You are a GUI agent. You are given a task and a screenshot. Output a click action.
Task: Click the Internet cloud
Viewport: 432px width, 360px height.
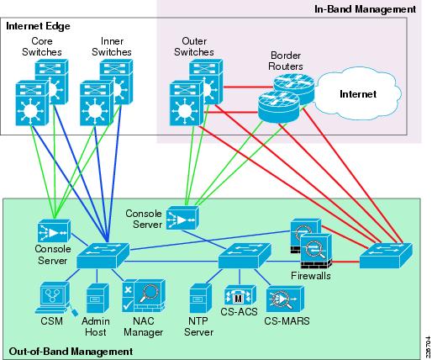point(357,93)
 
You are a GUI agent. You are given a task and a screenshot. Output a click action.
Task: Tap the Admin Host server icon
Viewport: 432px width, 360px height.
point(97,298)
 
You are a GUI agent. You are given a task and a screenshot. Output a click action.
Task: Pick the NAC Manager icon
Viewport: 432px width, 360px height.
point(144,295)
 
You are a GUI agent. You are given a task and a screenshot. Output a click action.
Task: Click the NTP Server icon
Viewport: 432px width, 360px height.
point(200,298)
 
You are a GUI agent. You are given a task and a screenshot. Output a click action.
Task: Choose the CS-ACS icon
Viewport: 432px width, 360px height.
point(240,295)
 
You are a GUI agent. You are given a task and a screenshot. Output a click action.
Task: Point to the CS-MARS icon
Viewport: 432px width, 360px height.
point(285,299)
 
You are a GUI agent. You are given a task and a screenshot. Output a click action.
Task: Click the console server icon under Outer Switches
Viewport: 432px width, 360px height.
point(182,218)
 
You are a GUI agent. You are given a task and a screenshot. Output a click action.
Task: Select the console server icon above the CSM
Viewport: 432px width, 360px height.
point(54,230)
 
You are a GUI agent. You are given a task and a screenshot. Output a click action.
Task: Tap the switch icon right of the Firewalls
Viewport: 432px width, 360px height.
point(386,256)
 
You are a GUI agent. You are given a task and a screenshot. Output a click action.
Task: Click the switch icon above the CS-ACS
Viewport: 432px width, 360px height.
point(245,256)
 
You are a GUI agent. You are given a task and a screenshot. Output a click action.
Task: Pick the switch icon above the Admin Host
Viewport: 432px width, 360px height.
point(103,256)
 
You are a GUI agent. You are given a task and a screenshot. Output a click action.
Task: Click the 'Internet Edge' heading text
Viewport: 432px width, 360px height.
point(38,26)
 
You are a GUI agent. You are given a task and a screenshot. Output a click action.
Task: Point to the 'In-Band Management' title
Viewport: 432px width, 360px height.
point(365,9)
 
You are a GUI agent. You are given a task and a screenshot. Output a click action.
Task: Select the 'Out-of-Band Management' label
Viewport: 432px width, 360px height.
point(71,352)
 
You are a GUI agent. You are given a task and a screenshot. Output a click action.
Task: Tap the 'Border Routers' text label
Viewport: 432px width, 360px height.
point(286,61)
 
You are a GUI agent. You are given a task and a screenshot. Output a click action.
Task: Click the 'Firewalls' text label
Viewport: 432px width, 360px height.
point(311,276)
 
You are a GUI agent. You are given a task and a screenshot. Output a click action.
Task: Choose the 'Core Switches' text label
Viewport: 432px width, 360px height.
point(42,46)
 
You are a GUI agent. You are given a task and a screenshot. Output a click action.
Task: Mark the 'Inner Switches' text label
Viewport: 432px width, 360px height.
point(112,46)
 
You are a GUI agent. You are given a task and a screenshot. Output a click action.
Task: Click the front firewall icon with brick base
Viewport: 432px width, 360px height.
point(316,251)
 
